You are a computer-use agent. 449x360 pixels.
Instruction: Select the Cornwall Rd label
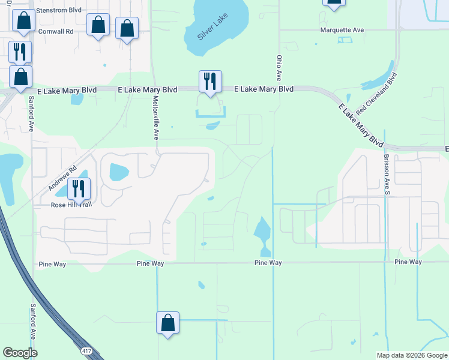pyautogui.click(x=55, y=31)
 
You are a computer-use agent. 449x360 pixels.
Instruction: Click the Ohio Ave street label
pyautogui.click(x=279, y=68)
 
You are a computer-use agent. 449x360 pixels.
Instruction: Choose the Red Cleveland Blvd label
pyautogui.click(x=377, y=94)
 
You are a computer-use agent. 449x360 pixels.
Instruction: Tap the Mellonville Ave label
pyautogui.click(x=155, y=118)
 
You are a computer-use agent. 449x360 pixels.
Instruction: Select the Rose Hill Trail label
pyautogui.click(x=71, y=205)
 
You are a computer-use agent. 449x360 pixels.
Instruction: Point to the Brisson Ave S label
pyautogui.click(x=387, y=175)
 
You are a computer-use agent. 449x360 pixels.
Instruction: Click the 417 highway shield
pyautogui.click(x=87, y=349)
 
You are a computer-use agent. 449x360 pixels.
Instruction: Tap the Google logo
pyautogui.click(x=20, y=353)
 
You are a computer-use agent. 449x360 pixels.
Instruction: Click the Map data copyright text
pyautogui.click(x=412, y=355)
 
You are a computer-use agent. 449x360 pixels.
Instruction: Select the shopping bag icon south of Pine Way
pyautogui.click(x=168, y=322)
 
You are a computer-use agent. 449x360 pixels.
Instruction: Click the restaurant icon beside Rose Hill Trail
pyautogui.click(x=79, y=189)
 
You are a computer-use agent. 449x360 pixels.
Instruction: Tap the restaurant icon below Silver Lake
pyautogui.click(x=210, y=82)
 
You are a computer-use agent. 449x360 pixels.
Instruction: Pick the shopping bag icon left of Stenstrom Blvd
pyautogui.click(x=23, y=21)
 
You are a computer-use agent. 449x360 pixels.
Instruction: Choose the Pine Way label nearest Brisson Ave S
pyautogui.click(x=408, y=262)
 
